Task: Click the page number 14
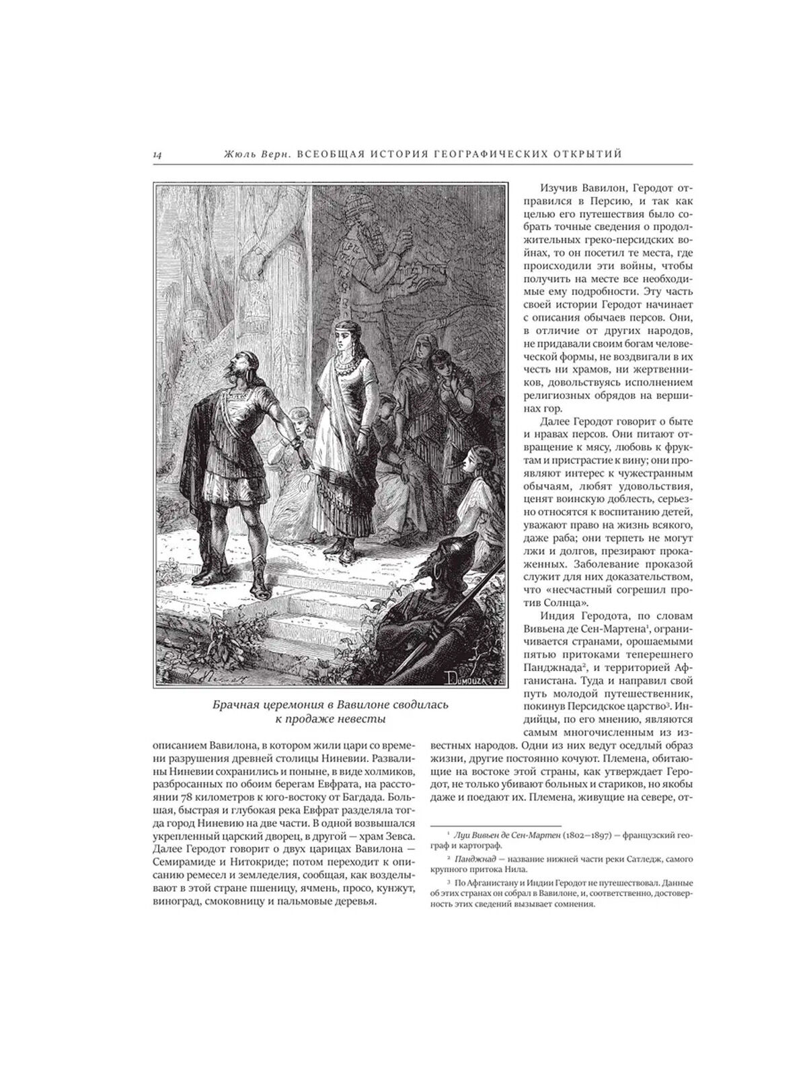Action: [x=157, y=155]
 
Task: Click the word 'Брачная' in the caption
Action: [x=235, y=705]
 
